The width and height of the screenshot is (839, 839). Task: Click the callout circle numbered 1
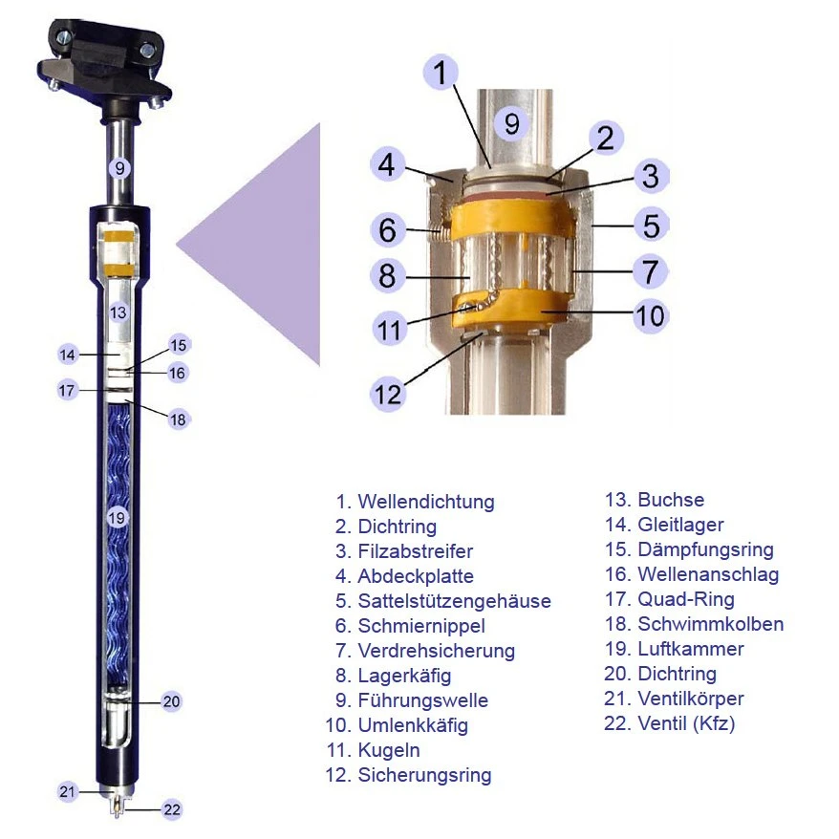click(x=441, y=73)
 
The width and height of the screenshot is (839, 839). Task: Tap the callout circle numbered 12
click(x=387, y=395)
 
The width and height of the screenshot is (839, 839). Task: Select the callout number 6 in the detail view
click(x=387, y=229)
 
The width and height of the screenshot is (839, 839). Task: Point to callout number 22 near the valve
click(x=171, y=809)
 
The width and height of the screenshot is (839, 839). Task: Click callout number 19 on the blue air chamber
click(x=117, y=517)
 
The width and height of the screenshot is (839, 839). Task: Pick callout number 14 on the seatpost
click(x=68, y=355)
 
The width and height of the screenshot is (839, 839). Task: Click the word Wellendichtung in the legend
click(x=426, y=502)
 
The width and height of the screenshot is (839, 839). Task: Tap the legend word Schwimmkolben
click(x=711, y=624)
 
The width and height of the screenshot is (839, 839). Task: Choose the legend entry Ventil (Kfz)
click(x=686, y=723)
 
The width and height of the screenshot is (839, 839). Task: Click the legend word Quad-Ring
click(x=686, y=599)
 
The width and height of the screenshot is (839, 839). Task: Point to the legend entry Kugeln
click(x=389, y=750)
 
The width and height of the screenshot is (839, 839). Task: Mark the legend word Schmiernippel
click(x=421, y=626)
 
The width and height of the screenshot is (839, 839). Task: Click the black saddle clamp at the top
click(x=104, y=64)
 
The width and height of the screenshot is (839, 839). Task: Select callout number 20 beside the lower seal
click(x=171, y=701)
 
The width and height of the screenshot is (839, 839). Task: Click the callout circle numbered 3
click(x=651, y=176)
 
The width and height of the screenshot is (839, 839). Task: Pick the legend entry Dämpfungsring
click(x=706, y=549)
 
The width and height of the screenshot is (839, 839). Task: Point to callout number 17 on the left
click(x=67, y=390)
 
